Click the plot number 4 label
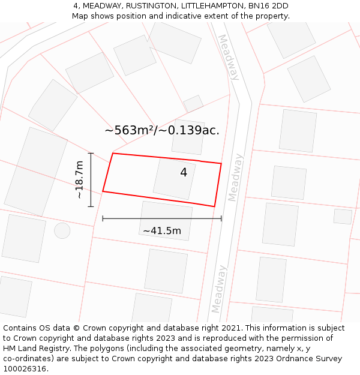[x=184, y=173]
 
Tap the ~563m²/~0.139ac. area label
[x=162, y=130]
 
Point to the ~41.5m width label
[x=161, y=230]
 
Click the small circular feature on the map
[x=62, y=230]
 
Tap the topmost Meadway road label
[x=229, y=57]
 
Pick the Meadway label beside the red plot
[x=236, y=177]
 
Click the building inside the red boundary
[x=174, y=179]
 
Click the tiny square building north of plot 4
[x=193, y=104]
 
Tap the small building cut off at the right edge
[x=343, y=216]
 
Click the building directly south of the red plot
[x=166, y=221]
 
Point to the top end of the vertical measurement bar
[x=91, y=153]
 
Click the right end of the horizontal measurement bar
[x=221, y=218]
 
